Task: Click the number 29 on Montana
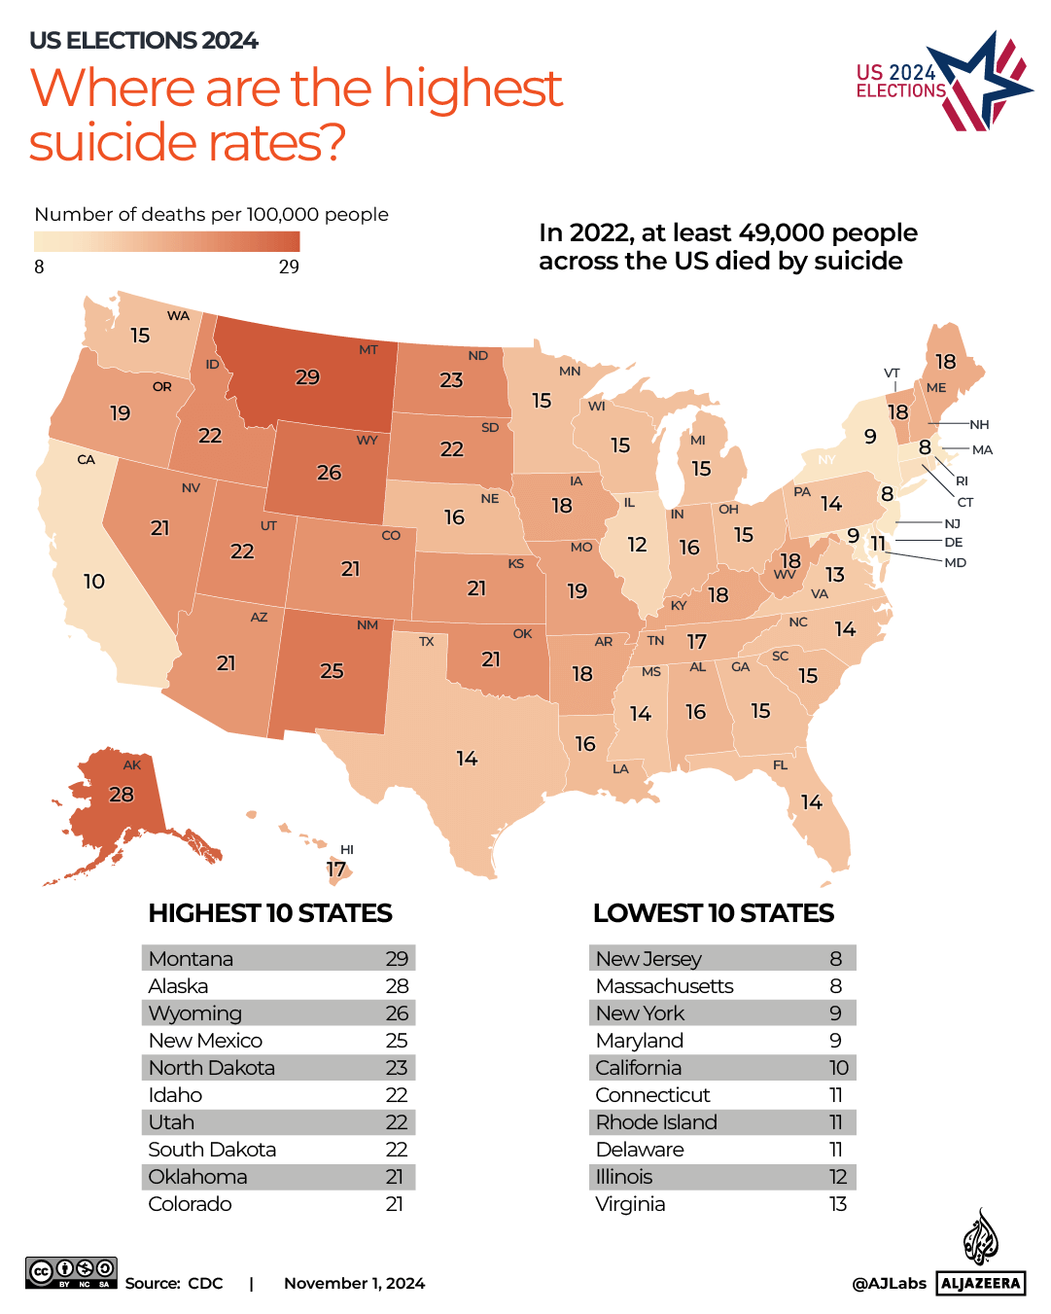tap(307, 377)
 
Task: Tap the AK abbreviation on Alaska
tap(132, 765)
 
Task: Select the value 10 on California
tap(93, 582)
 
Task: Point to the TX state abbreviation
tap(426, 642)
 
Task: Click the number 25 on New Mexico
tap(332, 671)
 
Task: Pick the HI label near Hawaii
tap(347, 850)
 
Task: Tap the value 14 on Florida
tap(811, 801)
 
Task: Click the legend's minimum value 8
tap(39, 267)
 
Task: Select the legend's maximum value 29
tap(289, 267)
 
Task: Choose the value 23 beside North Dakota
tap(396, 1068)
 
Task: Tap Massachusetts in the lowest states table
tap(664, 986)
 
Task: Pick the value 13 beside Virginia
tap(837, 1204)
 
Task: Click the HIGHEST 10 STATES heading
tap(270, 913)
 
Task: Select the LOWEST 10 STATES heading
tap(713, 913)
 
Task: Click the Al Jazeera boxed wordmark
tap(981, 1283)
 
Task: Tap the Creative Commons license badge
tap(71, 1272)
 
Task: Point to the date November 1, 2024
tap(354, 1284)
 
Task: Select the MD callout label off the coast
tap(955, 563)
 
